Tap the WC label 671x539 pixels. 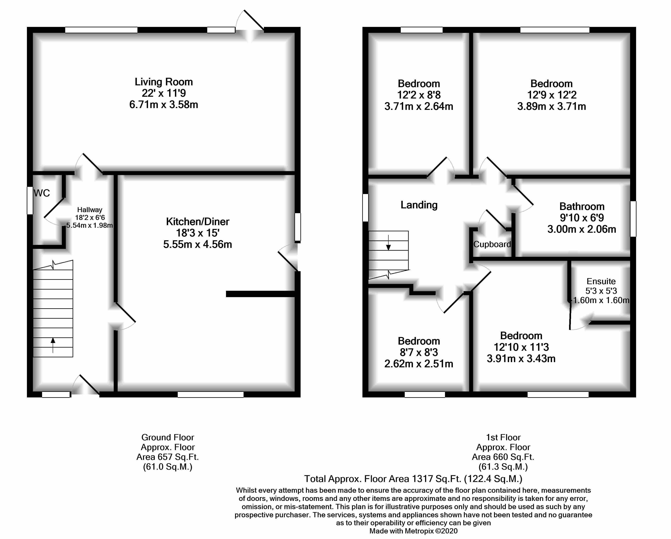[42, 193]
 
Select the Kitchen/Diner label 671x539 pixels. [198, 222]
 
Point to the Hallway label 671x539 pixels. [90, 210]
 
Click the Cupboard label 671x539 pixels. [492, 244]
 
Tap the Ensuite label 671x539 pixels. [601, 281]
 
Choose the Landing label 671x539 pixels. [419, 205]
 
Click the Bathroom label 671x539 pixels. [582, 206]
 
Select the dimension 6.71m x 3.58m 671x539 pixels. [164, 104]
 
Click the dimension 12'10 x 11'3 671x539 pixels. [521, 347]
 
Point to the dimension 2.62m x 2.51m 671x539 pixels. [419, 364]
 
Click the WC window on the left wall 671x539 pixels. [30, 200]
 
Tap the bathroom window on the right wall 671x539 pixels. [633, 219]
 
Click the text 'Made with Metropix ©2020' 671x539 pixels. [413, 531]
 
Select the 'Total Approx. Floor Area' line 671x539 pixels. [413, 479]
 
